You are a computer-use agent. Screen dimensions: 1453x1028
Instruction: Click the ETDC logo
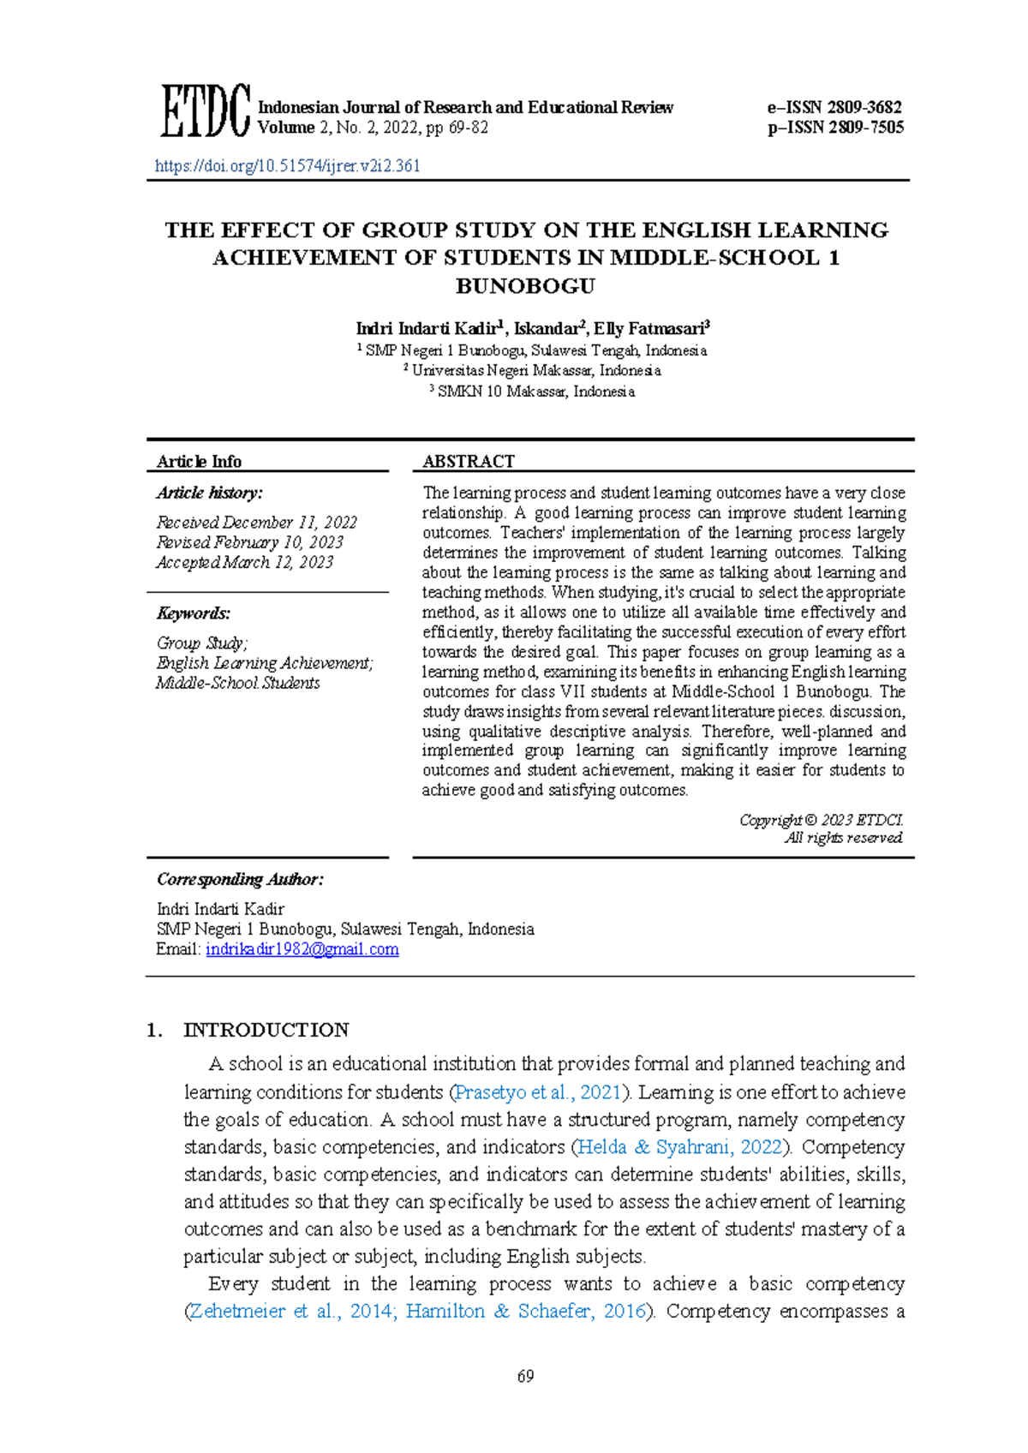(205, 111)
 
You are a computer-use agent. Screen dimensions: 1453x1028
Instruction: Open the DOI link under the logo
(287, 166)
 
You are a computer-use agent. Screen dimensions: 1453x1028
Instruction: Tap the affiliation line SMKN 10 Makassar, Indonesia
(535, 392)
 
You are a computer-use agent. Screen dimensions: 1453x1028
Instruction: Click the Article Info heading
(199, 462)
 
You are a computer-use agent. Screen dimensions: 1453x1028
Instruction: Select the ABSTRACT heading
(468, 462)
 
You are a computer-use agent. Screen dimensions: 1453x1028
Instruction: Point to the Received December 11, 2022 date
(256, 523)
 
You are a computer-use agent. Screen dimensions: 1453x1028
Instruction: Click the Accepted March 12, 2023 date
(244, 563)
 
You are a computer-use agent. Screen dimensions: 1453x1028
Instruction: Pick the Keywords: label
(193, 613)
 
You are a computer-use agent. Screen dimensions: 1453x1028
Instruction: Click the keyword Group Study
(201, 643)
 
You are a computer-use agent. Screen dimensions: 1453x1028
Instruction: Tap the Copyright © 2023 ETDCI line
(821, 820)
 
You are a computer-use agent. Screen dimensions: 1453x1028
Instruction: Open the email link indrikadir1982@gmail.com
(302, 949)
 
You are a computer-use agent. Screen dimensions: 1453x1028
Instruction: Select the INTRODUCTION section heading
(266, 1030)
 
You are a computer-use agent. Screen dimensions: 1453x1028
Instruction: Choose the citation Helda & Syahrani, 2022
(680, 1147)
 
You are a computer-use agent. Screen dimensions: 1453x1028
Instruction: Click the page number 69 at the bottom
(525, 1376)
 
